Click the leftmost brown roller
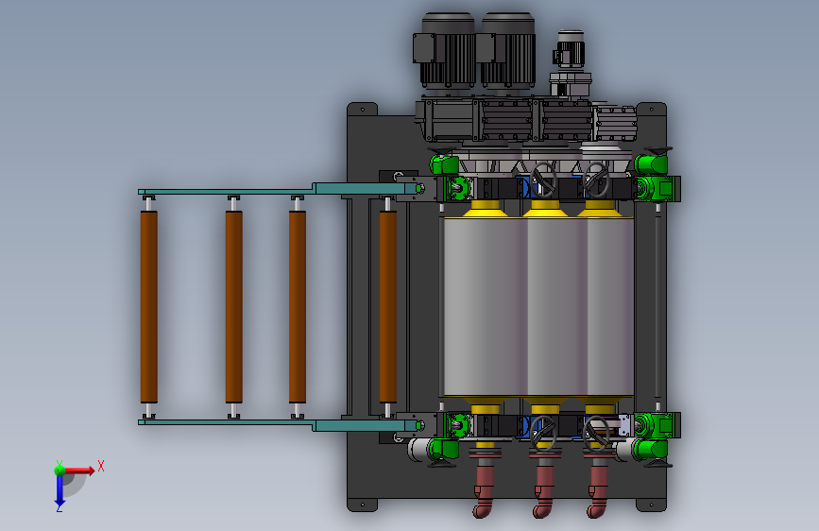pos(149,307)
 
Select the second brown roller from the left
pos(233,307)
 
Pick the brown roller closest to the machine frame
pos(387,307)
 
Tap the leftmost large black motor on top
pos(445,51)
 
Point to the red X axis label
pos(101,466)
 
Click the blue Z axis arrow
pos(60,489)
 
